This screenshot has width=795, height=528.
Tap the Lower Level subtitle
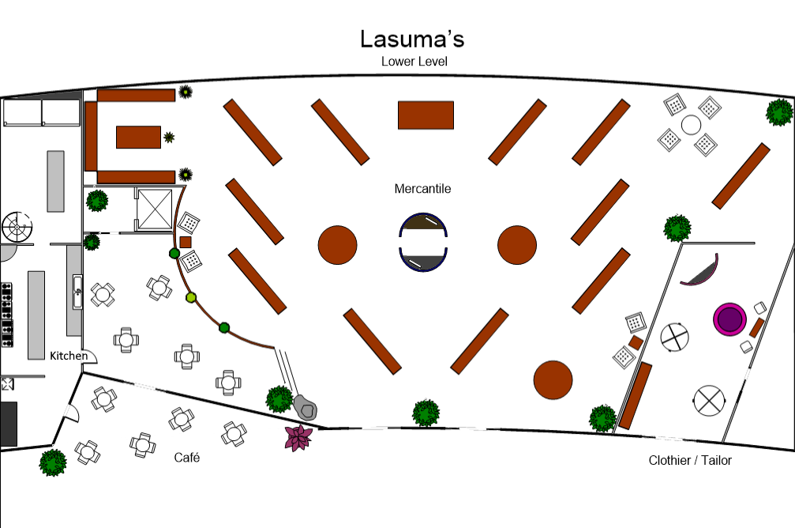pos(414,61)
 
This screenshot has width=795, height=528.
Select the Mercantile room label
pos(422,189)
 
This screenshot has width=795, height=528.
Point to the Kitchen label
pos(69,356)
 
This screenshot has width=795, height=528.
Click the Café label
pos(186,458)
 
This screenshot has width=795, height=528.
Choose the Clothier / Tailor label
pos(690,460)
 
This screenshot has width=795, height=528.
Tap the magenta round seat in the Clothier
pos(729,319)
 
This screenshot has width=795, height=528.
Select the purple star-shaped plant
pos(298,437)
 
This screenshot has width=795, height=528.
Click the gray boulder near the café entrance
pos(306,407)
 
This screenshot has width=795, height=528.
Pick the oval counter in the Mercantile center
pos(425,242)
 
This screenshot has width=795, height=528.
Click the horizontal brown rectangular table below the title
pos(426,115)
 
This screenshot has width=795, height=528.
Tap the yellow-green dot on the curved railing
pos(190,297)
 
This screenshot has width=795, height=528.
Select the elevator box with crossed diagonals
pos(154,209)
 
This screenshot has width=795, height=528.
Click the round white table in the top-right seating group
pos(690,125)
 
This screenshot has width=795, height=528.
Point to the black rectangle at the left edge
pos(8,424)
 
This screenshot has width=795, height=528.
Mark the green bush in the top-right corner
pos(778,111)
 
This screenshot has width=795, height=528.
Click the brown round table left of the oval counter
pos(338,245)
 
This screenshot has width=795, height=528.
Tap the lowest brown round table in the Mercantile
pos(553,380)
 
